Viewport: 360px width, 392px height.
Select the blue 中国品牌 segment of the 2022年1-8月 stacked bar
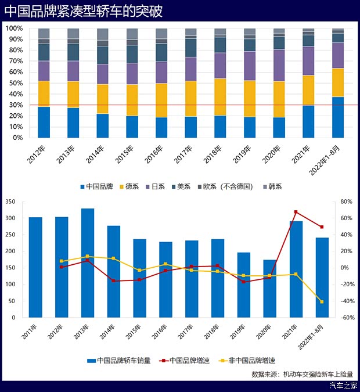pos(337,117)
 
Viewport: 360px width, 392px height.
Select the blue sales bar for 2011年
pos(35,267)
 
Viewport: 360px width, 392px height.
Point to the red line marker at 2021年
pos(296,212)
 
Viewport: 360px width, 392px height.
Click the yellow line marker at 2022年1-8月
pos(322,301)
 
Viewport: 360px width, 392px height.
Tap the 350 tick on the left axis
pos(10,202)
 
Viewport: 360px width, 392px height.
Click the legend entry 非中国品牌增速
pos(247,360)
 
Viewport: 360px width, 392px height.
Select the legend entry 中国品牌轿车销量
pos(119,360)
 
